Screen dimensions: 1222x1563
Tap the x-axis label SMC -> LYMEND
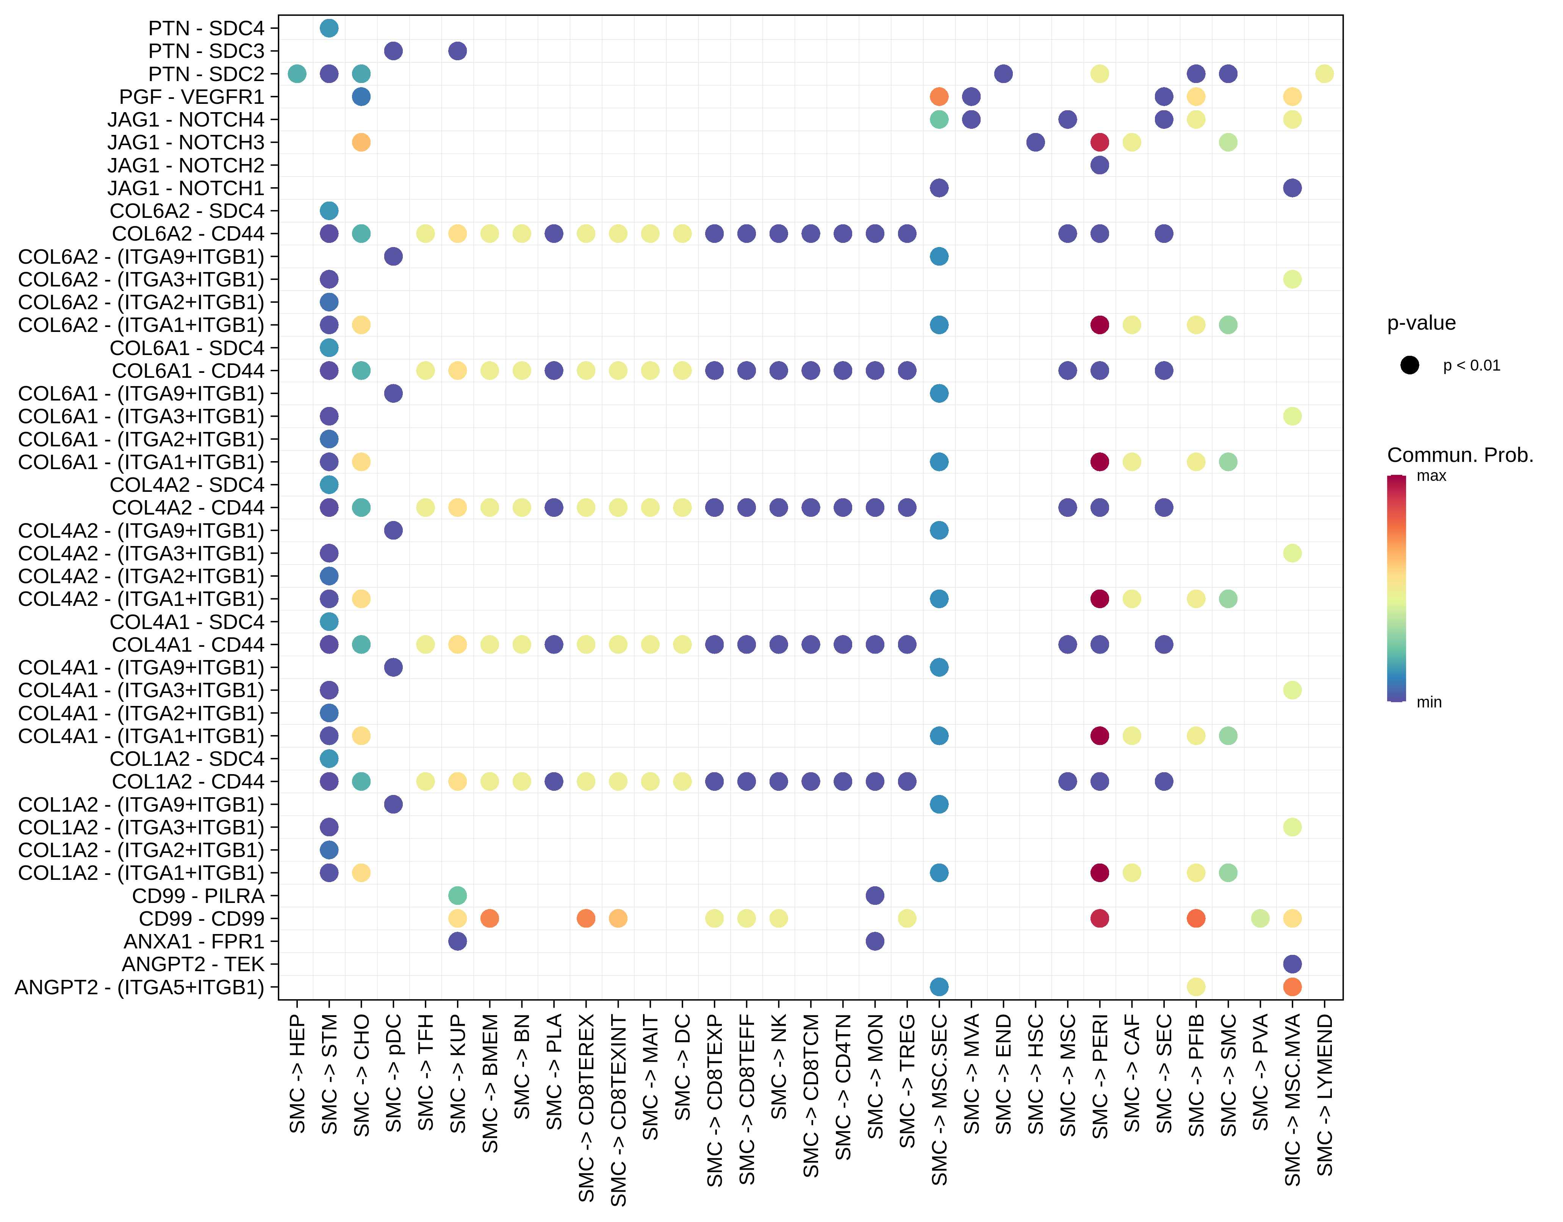pos(1325,1095)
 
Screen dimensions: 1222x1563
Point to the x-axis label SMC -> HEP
pos(297,1074)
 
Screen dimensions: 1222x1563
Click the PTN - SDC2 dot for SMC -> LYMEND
pos(1325,74)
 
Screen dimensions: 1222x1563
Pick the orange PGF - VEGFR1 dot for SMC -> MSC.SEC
pos(939,97)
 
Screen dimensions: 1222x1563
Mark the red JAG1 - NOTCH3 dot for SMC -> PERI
pos(1100,142)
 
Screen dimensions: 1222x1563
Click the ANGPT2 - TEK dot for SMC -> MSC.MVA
pos(1292,964)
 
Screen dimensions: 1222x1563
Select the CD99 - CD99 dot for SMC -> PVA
pos(1260,918)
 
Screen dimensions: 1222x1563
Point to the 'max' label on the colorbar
pos(1431,476)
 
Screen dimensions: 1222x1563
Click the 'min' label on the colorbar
pos(1429,702)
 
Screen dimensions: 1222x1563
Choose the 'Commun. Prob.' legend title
pos(1460,455)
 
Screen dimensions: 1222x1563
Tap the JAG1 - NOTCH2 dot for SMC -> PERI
pos(1100,165)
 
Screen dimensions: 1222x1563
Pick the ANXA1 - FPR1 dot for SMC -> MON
pos(875,941)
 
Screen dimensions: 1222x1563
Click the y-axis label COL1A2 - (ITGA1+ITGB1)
pos(141,873)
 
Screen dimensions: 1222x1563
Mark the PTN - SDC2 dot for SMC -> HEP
pos(297,74)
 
